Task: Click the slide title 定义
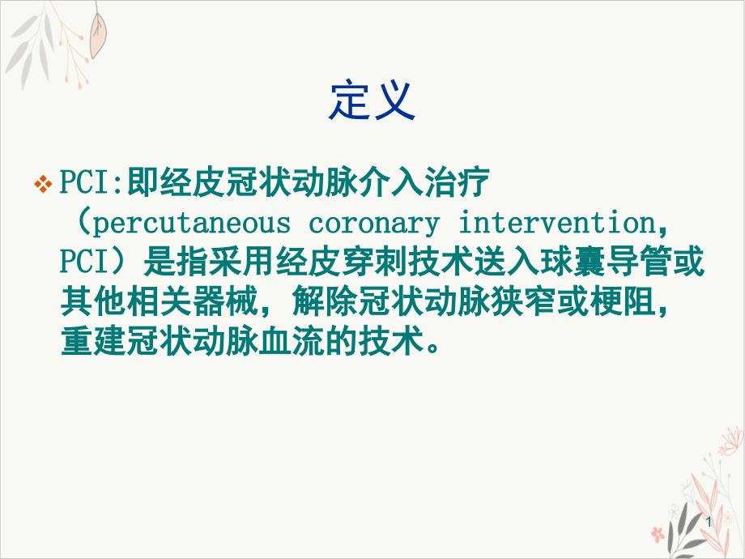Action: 372,100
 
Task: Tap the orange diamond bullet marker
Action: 43,183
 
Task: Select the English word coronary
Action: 373,224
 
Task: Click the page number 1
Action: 709,523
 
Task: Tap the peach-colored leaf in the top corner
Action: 98,34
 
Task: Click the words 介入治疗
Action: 424,182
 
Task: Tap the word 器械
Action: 225,301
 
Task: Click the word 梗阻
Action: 623,301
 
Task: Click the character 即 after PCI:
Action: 143,182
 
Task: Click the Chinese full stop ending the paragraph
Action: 433,347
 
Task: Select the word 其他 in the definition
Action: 93,301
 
